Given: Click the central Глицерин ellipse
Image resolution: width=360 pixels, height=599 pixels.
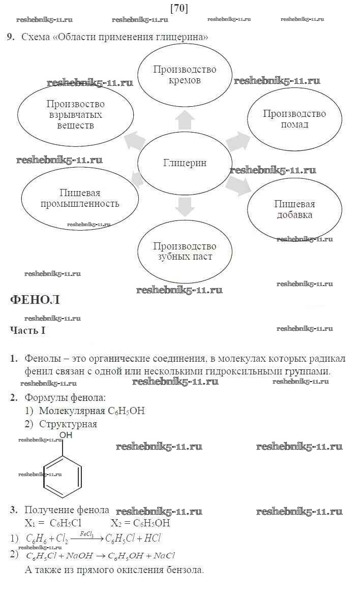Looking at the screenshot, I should coord(185,163).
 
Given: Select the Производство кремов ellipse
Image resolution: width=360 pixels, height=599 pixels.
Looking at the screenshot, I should coord(185,75).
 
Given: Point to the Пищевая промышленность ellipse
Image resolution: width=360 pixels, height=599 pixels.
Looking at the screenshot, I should coord(80,199).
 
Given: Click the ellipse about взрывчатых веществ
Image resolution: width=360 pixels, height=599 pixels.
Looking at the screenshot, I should coord(76,114).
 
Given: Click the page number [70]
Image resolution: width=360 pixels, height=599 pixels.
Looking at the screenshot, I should coord(179,8).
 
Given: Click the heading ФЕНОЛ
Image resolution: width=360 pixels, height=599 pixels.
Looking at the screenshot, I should coord(35,300).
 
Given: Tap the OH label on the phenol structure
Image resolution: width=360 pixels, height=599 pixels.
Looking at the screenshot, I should coord(66,435).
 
